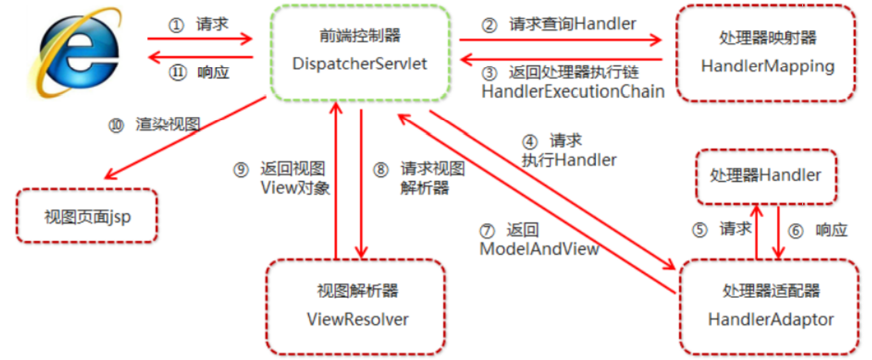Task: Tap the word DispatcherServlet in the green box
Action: (360, 64)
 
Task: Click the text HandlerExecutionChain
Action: (573, 91)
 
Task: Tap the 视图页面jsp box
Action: (88, 216)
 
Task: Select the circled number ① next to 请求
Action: (175, 25)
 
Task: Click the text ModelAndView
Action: (539, 249)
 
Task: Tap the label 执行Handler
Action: (569, 160)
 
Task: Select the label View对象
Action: (295, 188)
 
